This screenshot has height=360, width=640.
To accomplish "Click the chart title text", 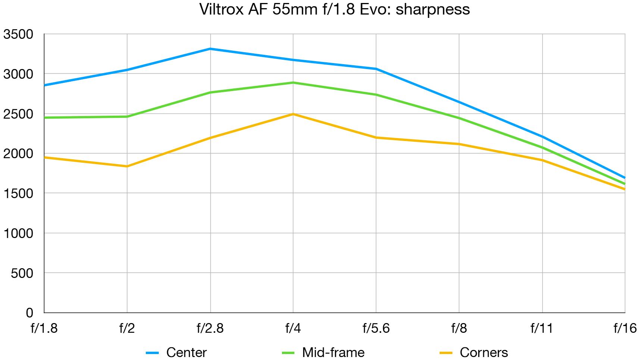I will [335, 9].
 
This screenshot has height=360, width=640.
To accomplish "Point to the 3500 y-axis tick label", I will [18, 34].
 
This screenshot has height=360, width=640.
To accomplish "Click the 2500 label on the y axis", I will [18, 114].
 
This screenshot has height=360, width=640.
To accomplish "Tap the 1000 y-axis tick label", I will [18, 234].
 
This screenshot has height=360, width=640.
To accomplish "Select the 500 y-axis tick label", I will [22, 273].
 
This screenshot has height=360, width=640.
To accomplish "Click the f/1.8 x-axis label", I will [44, 328].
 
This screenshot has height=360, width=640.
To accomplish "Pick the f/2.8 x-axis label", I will [210, 328].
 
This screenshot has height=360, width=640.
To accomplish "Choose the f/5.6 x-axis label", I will [376, 328].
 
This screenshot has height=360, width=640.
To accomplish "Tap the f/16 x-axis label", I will [625, 328].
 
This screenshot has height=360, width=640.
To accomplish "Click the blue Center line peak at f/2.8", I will [210, 49].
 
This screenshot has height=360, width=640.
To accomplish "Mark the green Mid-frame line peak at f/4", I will [293, 83].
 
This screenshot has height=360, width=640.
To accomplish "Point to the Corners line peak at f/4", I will [293, 114].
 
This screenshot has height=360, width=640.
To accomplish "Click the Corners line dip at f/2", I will [127, 166].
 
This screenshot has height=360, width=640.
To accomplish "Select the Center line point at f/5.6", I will [376, 69].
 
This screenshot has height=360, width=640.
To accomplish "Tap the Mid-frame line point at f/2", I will [127, 117].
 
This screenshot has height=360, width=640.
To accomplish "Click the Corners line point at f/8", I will [459, 144].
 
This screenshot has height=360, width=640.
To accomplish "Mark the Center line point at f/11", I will [542, 137].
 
